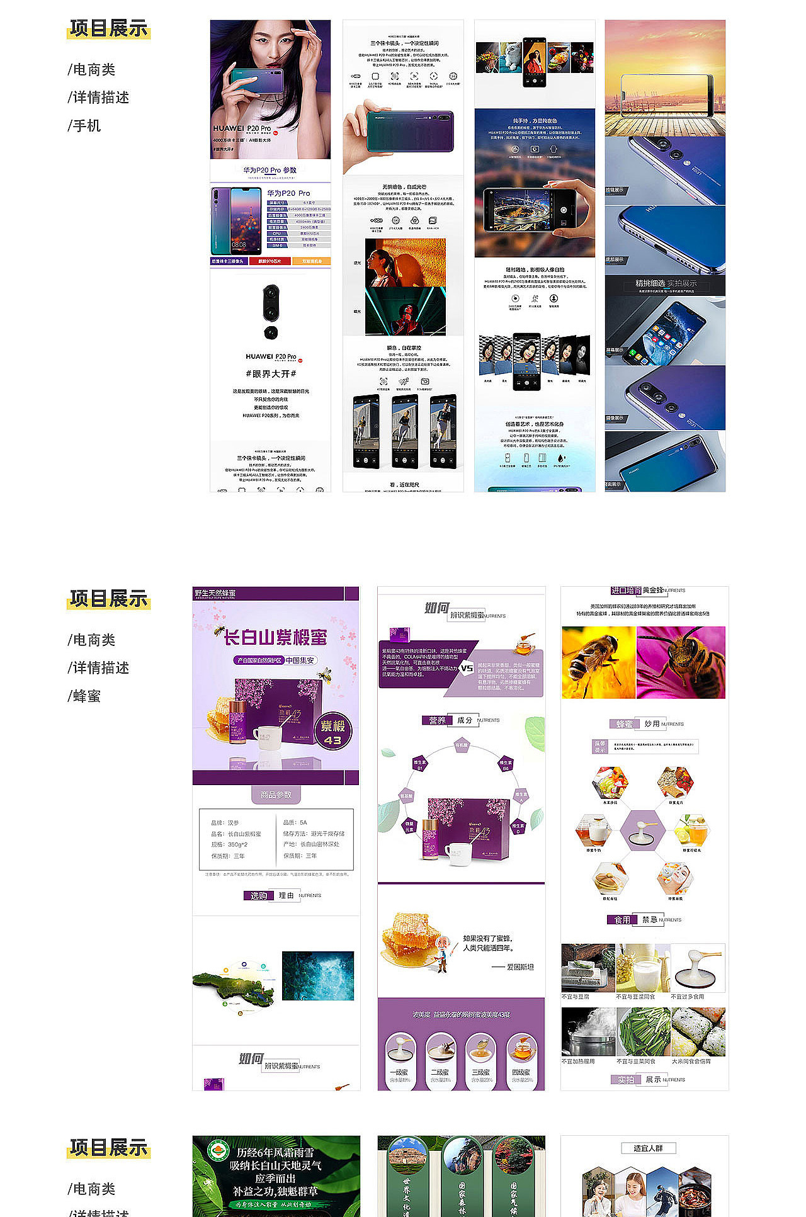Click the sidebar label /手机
[84, 126]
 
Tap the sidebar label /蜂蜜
[84, 696]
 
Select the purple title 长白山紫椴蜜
[276, 637]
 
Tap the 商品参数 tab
[276, 795]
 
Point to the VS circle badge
[467, 668]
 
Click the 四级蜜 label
[521, 1072]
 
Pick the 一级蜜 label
[400, 1072]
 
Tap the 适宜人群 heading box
[648, 1148]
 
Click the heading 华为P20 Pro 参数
[270, 170]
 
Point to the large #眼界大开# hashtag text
[271, 374]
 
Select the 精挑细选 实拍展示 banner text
[666, 283]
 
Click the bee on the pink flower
[681, 662]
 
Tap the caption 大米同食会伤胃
[691, 1061]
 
